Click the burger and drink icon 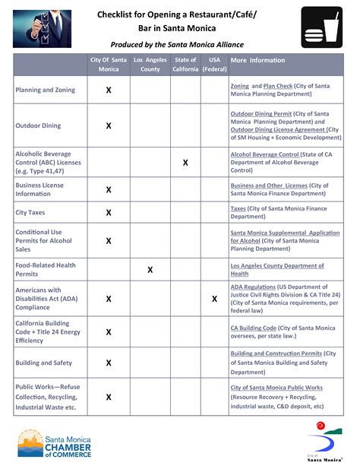[321, 28]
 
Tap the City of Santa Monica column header [109, 65]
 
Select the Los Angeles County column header [150, 65]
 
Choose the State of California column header [185, 65]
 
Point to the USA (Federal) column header [214, 65]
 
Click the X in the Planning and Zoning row [109, 90]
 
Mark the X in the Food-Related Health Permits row [150, 270]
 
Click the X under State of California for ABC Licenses [185, 163]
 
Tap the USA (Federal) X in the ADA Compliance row [214, 299]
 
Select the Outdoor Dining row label [38, 126]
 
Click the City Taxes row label [30, 213]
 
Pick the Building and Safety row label [44, 363]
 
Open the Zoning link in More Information [239, 87]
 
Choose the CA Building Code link [254, 328]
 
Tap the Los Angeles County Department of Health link [277, 266]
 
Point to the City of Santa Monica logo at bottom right [323, 444]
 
